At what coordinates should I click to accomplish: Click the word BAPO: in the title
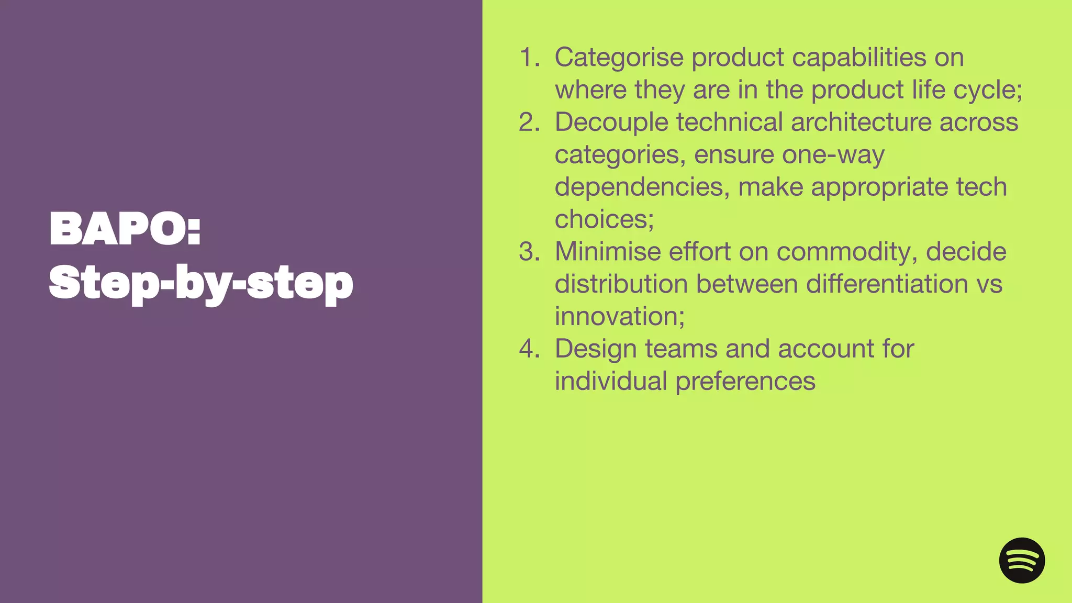point(125,229)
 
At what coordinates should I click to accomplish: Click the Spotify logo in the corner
point(1022,560)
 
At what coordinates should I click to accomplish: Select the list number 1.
point(529,57)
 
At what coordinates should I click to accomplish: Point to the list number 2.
point(529,122)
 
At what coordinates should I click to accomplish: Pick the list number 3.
point(529,252)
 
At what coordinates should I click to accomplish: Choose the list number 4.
point(529,349)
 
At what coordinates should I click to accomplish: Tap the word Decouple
point(611,122)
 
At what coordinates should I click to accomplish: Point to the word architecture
point(861,122)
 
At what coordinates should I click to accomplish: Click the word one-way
point(833,155)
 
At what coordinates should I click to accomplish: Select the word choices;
point(604,219)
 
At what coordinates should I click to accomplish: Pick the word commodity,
point(847,252)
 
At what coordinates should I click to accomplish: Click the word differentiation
point(887,284)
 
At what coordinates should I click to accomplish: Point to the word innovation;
point(620,317)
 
